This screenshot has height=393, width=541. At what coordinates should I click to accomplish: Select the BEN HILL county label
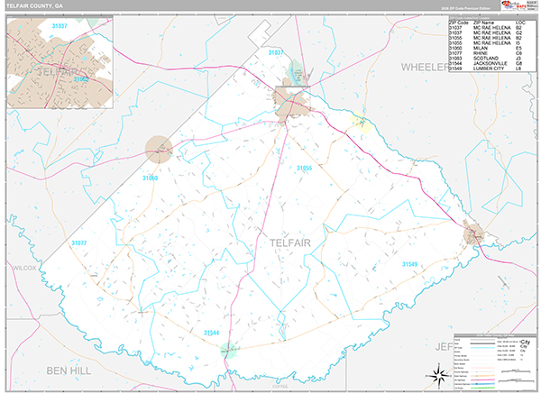click(69, 371)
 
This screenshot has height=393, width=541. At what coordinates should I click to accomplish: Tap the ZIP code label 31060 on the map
click(150, 178)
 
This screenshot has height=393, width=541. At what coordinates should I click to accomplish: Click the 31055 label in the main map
click(305, 168)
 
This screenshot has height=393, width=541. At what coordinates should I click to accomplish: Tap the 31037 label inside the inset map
click(60, 27)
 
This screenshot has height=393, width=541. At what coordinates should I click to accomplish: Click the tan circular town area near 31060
click(159, 149)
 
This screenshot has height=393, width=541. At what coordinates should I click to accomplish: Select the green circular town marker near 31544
click(230, 350)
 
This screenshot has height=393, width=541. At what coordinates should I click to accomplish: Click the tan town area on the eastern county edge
click(474, 234)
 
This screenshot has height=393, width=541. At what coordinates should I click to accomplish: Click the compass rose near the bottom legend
click(438, 374)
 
